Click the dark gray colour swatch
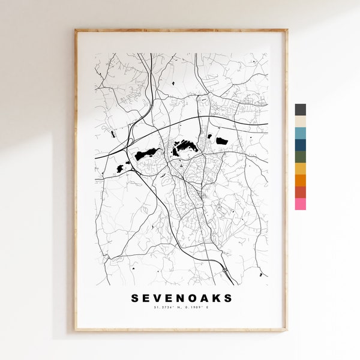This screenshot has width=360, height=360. tap(300, 110)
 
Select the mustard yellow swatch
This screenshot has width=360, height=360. tap(300, 169)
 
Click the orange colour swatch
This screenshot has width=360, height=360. tap(300, 181)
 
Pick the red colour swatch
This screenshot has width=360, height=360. tap(300, 192)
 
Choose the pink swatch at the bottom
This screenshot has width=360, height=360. tap(300, 204)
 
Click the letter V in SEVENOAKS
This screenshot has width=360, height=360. tap(158, 298)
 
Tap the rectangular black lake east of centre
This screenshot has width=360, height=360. tap(222, 141)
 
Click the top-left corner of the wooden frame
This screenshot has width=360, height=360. tap(76, 30)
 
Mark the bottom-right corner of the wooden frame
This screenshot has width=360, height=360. tap(286, 329)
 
